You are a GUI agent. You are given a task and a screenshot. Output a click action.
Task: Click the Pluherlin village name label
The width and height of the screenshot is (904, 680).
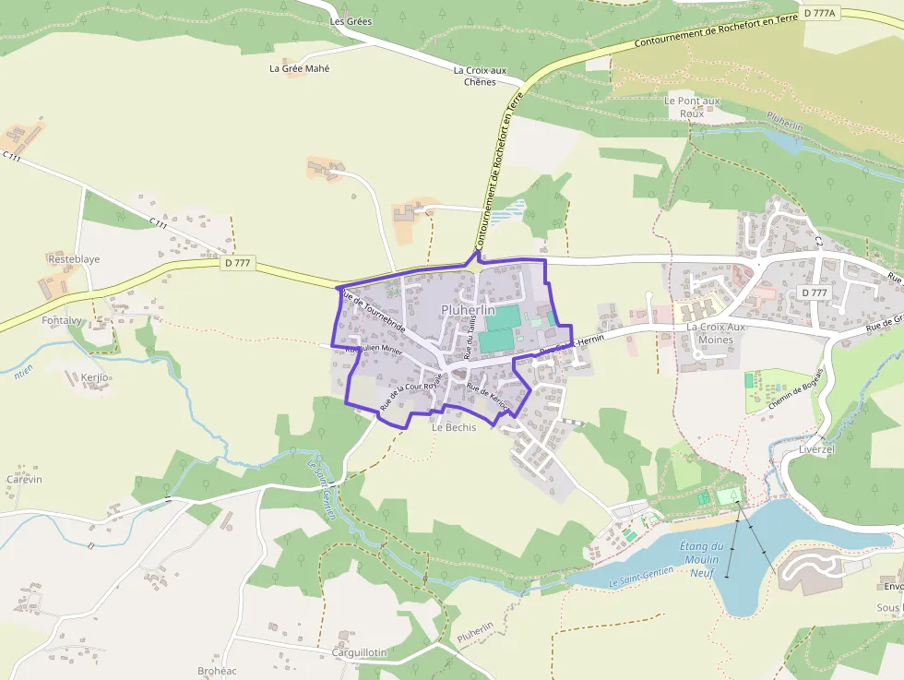click(468, 310)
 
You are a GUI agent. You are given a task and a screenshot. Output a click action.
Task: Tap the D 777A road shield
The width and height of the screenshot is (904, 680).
click(819, 13)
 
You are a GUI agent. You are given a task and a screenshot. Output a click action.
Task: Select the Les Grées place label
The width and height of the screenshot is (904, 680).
click(351, 21)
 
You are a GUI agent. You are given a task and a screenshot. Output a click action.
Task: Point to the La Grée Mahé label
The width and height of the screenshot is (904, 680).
click(299, 68)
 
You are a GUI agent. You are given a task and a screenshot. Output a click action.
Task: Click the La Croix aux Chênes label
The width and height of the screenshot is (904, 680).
click(480, 76)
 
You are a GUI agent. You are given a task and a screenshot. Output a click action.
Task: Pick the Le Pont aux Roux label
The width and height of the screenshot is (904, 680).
click(692, 106)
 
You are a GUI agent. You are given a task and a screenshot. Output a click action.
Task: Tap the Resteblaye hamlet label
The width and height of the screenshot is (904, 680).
click(74, 259)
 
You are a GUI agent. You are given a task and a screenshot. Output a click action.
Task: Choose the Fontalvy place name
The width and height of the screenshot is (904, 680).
click(62, 320)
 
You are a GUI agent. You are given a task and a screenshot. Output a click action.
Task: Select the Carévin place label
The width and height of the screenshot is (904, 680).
click(25, 480)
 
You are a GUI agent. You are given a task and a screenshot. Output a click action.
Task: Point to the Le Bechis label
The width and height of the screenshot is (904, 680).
click(454, 428)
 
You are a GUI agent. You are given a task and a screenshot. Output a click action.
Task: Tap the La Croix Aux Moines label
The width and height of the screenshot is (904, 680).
click(716, 333)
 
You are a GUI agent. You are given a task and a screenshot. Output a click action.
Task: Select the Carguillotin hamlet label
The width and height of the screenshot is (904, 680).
click(359, 652)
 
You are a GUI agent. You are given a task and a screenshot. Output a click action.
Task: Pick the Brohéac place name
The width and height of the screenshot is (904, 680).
click(218, 671)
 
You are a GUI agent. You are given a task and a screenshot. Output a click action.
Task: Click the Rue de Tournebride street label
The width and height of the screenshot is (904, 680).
click(374, 311)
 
